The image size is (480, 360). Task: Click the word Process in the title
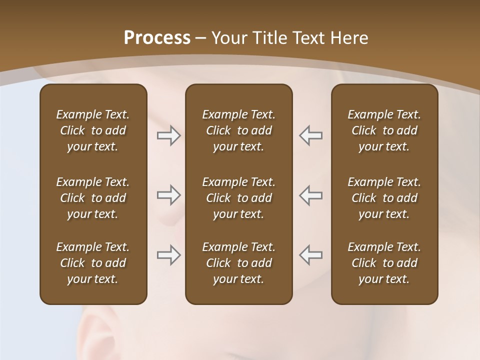pos(157,38)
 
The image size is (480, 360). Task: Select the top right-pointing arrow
pos(168,135)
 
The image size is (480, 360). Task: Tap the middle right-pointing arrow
pos(168,195)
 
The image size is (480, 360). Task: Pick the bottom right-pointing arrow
pos(168,255)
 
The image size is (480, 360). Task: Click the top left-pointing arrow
pos(310,135)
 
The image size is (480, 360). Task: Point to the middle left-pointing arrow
pos(310,195)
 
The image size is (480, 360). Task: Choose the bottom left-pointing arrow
pos(310,255)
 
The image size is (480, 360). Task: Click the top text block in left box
pos(93,130)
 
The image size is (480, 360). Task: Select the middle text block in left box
pos(93,198)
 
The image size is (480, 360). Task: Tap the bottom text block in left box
pos(93,263)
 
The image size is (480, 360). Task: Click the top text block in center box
pos(238,130)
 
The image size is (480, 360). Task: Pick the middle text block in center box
pos(238,198)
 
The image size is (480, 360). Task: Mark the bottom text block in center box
pos(238,263)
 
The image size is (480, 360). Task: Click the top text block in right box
pos(384,130)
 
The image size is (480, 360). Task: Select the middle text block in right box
pos(384,198)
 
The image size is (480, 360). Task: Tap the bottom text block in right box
pos(384,263)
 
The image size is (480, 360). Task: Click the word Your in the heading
pos(228,38)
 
